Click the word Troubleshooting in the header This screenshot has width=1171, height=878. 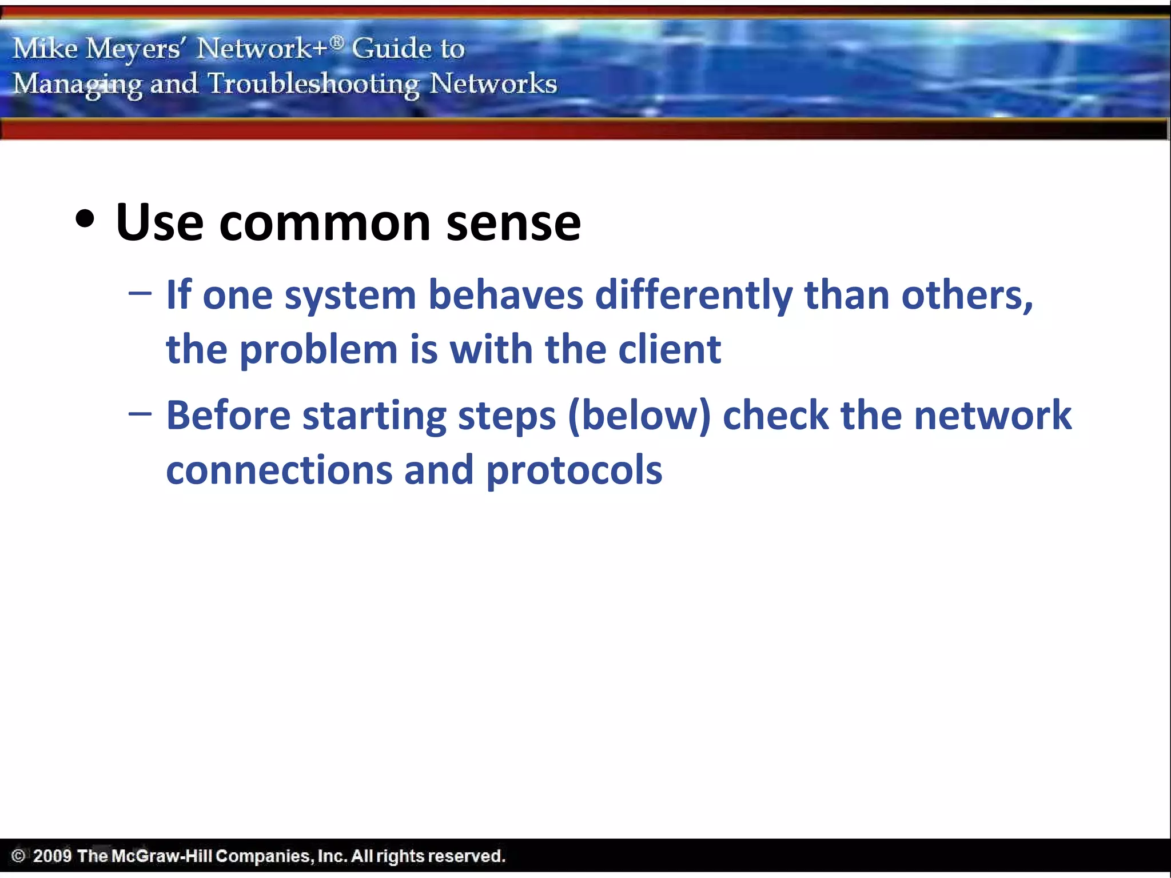point(313,84)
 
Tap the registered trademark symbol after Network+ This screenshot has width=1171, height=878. point(337,41)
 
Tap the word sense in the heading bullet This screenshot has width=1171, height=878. point(513,223)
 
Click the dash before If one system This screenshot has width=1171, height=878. point(140,294)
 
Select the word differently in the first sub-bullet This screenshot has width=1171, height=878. point(694,296)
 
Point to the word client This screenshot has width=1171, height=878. point(670,349)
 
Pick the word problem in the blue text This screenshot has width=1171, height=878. point(318,350)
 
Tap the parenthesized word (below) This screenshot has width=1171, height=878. point(639,416)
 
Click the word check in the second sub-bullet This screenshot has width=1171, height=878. point(775,416)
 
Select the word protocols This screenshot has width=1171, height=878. point(574,470)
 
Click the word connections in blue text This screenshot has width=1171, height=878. point(279,470)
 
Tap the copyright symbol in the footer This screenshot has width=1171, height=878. point(18,856)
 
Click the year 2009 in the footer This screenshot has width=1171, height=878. point(52,856)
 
